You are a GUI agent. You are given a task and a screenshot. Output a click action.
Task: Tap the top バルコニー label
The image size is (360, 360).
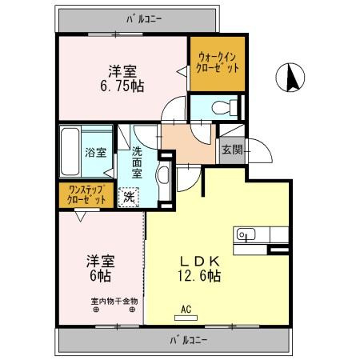[146, 16]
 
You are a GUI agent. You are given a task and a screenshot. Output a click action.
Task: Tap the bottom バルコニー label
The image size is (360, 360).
[189, 340]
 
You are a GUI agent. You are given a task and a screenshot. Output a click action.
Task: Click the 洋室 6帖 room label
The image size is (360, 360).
[100, 268]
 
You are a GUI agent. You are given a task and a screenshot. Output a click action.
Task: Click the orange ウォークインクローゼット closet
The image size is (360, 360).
[218, 62]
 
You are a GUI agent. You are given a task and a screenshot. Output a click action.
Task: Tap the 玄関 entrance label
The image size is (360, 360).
[231, 150]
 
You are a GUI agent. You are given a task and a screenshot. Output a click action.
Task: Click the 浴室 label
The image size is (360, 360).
[97, 151]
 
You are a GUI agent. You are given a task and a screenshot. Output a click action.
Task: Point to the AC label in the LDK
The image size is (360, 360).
[185, 308]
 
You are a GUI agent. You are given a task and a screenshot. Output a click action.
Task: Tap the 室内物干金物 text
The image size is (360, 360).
[114, 302]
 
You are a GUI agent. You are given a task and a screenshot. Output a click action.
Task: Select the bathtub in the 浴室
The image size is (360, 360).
[72, 152]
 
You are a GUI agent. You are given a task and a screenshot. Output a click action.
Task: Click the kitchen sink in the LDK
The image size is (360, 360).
[245, 234]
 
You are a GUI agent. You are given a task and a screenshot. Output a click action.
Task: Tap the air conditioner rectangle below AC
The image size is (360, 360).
[185, 318]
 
